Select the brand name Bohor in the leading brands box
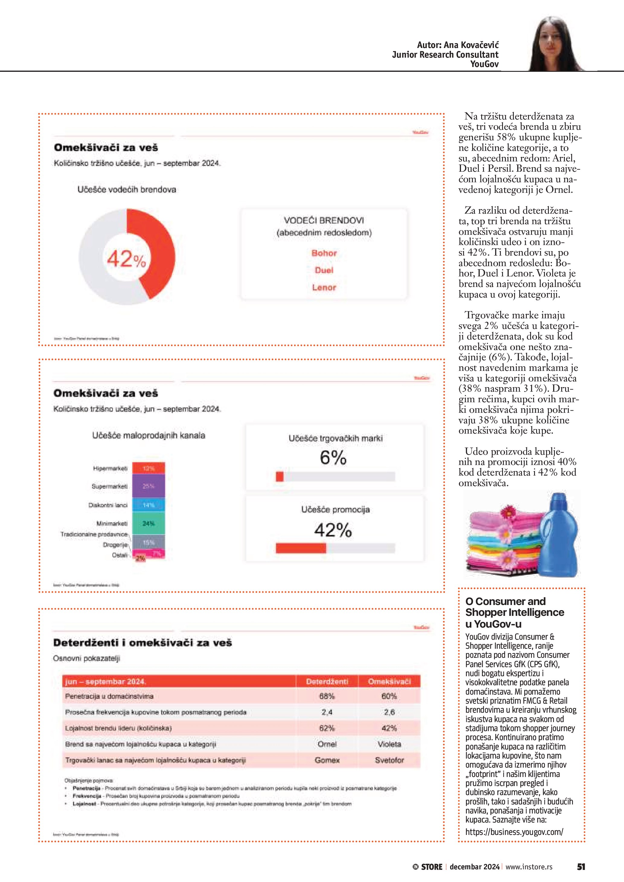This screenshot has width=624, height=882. (324, 253)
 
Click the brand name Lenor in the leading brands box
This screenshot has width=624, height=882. (324, 287)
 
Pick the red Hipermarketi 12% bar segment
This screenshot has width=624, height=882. (148, 468)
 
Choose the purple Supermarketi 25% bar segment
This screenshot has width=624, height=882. (148, 486)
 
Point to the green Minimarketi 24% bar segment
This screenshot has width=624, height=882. (148, 523)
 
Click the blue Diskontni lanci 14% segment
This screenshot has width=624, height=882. (148, 505)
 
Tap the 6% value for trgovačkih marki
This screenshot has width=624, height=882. (333, 457)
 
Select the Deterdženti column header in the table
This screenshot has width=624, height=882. (327, 681)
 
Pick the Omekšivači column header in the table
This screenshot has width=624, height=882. (389, 681)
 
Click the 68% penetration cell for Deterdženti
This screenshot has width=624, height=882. (327, 696)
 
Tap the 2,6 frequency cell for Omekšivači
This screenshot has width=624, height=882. (389, 712)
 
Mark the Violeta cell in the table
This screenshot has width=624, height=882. (389, 744)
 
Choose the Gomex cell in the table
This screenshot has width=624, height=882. (327, 760)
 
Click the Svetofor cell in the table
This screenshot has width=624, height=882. (389, 760)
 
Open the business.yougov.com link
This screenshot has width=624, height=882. (514, 832)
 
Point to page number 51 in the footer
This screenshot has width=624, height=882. (581, 867)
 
